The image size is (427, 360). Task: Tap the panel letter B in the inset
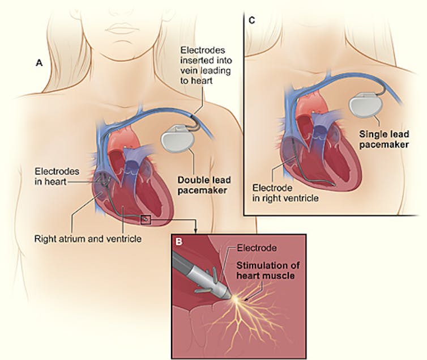[178, 242]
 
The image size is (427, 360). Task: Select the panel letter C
[252, 22]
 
